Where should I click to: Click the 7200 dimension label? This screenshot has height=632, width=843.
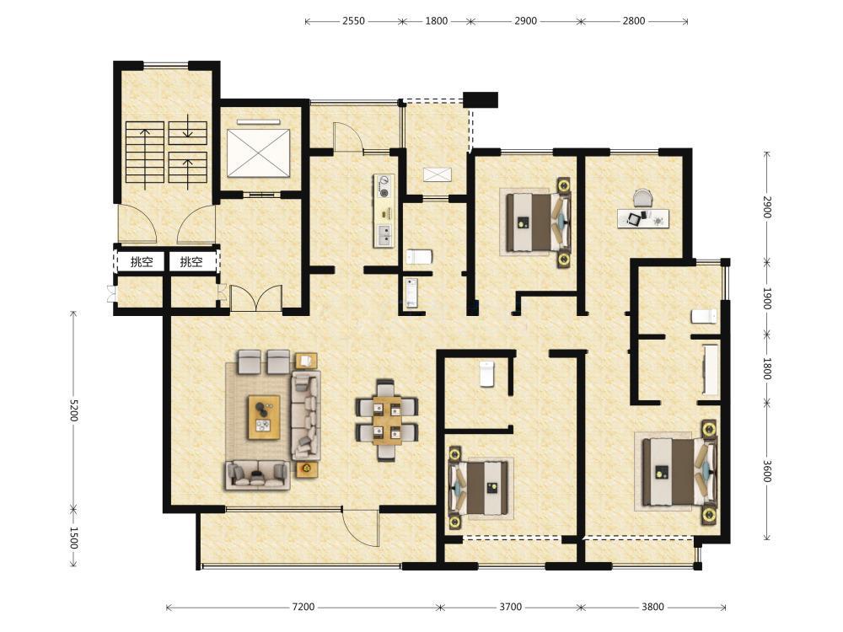[x=303, y=607]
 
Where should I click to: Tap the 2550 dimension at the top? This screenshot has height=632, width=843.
[x=353, y=21]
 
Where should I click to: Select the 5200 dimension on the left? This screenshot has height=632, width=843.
[x=73, y=410]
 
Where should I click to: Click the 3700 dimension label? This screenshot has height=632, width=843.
[x=510, y=607]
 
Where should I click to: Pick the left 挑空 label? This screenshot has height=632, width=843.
[x=142, y=262]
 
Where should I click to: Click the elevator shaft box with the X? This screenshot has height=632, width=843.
[x=258, y=153]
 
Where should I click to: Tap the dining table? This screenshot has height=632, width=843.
[x=387, y=420]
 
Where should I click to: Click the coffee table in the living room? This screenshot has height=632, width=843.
[x=264, y=417]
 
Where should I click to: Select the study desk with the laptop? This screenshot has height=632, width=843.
[x=643, y=219]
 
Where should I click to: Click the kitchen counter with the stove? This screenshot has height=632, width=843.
[x=384, y=211]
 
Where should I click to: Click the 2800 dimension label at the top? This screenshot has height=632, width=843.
[x=634, y=21]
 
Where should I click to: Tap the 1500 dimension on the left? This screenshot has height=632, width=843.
[x=73, y=538]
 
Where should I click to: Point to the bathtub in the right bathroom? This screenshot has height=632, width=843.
[x=711, y=370]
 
